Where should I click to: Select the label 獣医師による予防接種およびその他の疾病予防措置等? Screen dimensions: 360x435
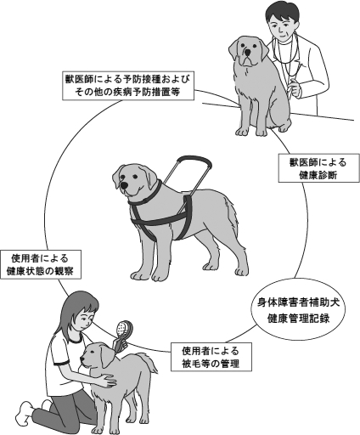click(x=127, y=85)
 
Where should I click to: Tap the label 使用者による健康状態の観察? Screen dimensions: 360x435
click(x=41, y=264)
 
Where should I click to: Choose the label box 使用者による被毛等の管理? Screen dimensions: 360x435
click(x=211, y=357)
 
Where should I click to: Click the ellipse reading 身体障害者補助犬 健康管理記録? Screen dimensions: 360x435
click(x=298, y=311)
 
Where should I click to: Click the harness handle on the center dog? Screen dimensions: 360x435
click(x=188, y=175)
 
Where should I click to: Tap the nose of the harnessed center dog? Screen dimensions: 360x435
click(x=124, y=185)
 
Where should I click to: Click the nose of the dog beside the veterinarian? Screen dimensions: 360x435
click(x=248, y=53)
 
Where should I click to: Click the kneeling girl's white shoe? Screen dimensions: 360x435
click(x=25, y=414)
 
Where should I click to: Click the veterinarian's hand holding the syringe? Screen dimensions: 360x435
click(x=294, y=86)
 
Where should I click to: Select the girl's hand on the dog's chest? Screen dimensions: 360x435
click(x=107, y=380)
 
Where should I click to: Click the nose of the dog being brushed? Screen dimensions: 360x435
click(x=82, y=359)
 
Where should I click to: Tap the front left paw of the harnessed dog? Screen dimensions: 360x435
click(x=139, y=275)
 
